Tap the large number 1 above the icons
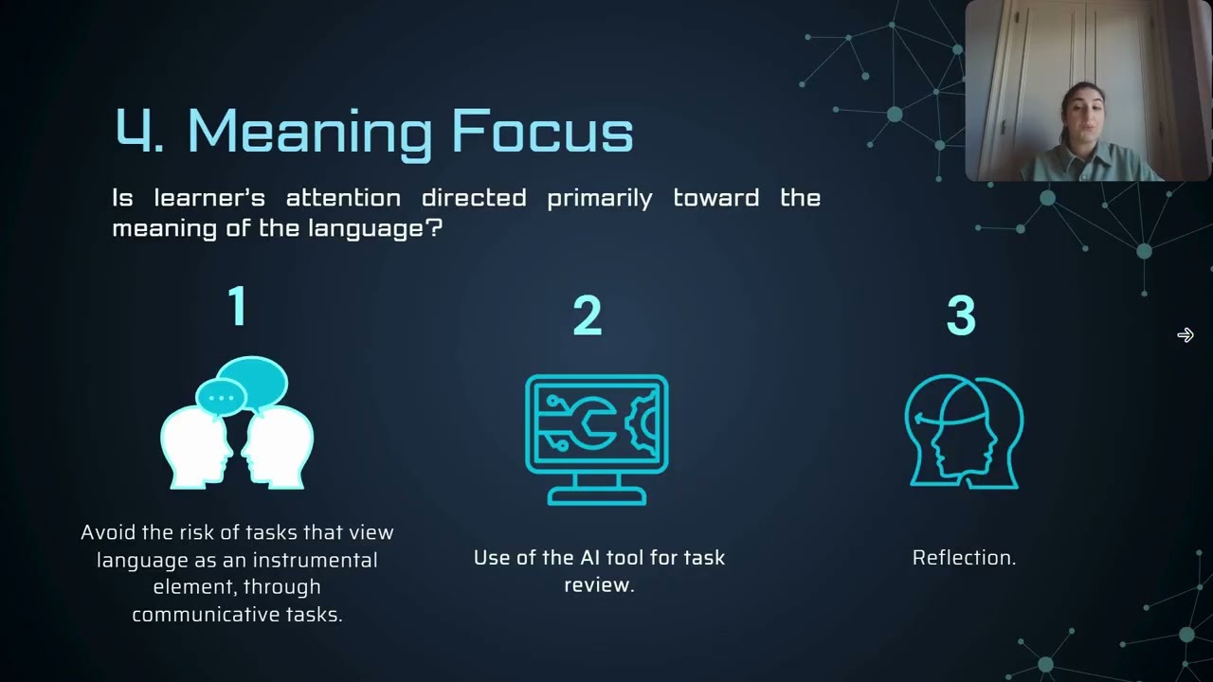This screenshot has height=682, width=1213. point(237,307)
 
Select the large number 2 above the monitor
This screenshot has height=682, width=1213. point(588,316)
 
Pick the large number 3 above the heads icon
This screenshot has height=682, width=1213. point(961,316)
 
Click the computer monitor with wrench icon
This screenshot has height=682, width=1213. point(596,439)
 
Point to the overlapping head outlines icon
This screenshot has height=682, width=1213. point(964,431)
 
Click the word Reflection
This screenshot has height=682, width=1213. point(963,558)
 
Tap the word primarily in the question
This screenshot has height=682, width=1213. point(599,198)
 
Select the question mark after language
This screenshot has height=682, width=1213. point(435,229)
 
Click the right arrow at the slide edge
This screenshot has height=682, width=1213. point(1186,335)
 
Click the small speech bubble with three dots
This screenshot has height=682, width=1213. point(220,397)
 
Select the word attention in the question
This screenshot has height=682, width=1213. point(342,198)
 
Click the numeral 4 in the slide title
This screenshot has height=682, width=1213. point(133,131)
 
